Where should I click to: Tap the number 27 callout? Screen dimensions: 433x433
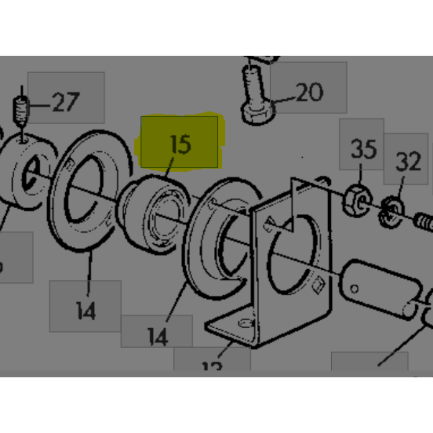65,102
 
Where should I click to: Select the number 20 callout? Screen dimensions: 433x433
309,92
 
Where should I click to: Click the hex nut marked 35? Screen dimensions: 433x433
355,200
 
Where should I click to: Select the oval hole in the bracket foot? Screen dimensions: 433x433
245,323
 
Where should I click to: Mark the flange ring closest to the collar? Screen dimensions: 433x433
91,191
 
